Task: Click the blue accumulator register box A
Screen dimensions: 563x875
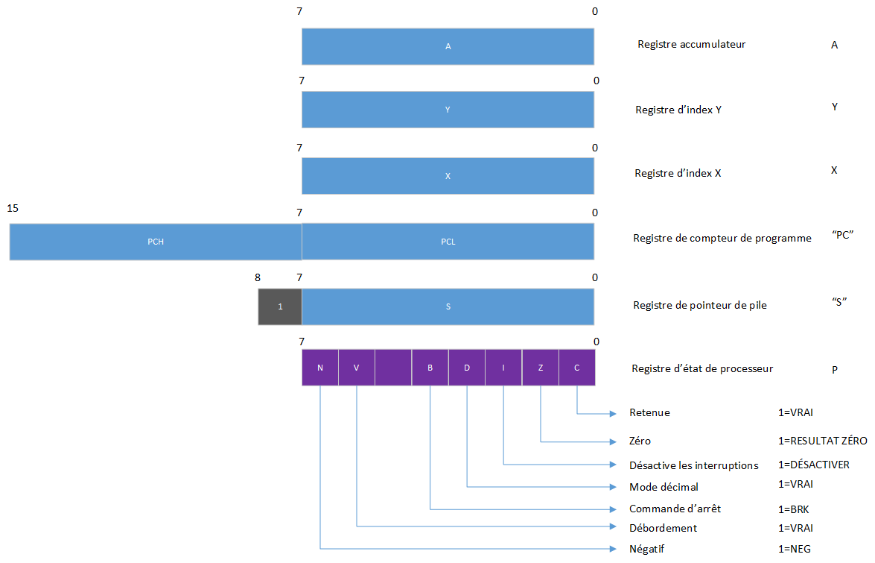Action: [x=448, y=46]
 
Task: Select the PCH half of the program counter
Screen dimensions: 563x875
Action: [x=155, y=242]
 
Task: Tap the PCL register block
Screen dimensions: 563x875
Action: [x=448, y=242]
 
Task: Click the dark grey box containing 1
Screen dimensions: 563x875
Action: [x=280, y=306]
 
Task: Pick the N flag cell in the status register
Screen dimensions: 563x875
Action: [x=320, y=368]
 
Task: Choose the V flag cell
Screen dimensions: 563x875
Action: [x=357, y=368]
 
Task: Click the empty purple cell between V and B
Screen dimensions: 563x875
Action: [x=393, y=368]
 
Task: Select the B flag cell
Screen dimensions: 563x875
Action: [x=430, y=368]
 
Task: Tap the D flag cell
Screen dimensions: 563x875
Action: [x=467, y=368]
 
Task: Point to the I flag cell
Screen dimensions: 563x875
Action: [x=503, y=368]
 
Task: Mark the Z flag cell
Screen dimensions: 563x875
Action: [x=541, y=368]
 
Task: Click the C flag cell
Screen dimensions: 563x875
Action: [x=577, y=368]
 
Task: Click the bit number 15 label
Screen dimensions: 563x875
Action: [x=13, y=209]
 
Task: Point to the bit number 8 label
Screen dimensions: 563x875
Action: [x=258, y=277]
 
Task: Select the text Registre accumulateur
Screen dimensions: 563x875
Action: [x=692, y=45]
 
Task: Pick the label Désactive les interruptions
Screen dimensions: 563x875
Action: [x=693, y=465]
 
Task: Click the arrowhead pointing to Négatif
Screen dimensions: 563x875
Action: [x=612, y=550]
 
